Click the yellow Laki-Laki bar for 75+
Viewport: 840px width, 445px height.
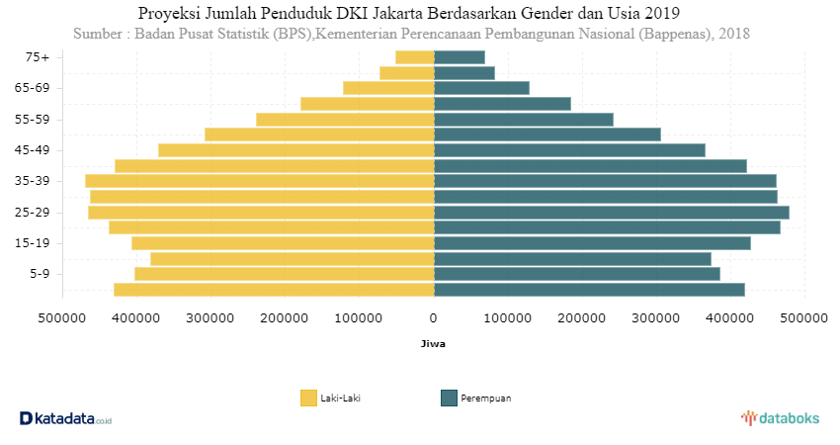415,57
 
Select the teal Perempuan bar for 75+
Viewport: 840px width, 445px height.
460,57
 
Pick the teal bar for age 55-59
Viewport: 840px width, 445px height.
524,120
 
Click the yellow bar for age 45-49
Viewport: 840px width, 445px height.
296,150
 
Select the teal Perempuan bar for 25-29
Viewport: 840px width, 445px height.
612,213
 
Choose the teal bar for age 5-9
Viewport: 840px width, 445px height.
577,274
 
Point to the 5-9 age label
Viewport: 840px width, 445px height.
40,274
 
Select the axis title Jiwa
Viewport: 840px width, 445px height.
433,344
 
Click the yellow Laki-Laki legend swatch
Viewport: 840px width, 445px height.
308,398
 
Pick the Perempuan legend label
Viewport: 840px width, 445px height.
486,398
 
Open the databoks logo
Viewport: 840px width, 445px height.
780,418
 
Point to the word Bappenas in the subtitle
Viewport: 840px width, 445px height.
672,34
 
